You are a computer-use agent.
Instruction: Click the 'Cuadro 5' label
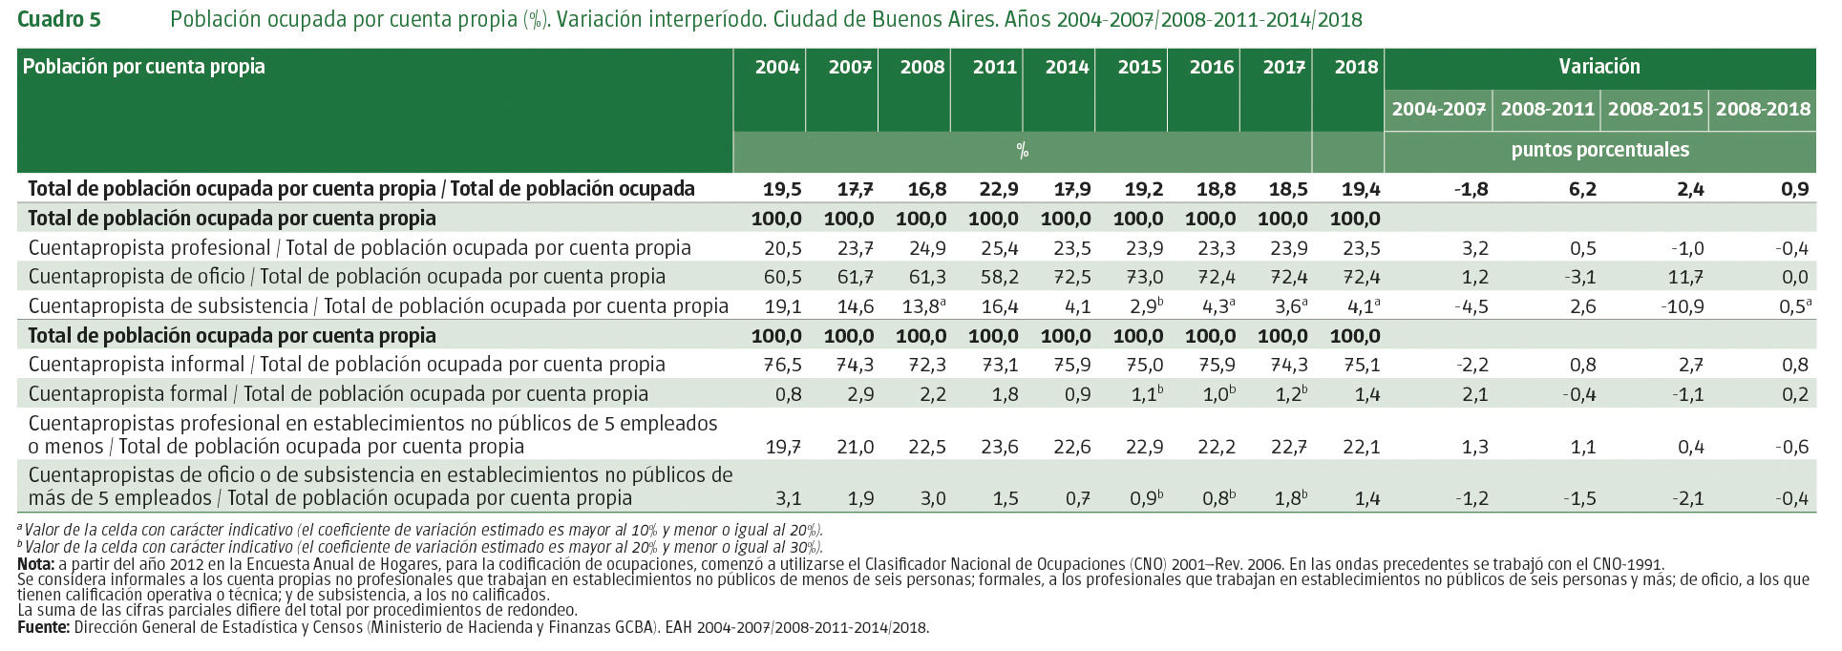[59, 20]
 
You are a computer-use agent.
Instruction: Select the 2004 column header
[777, 67]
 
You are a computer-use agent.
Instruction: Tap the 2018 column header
[1356, 67]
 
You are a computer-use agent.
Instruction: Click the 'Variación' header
[1599, 67]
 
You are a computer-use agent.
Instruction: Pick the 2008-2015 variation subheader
[1655, 109]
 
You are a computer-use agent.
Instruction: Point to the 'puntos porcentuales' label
[1599, 150]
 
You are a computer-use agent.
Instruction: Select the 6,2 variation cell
[1581, 189]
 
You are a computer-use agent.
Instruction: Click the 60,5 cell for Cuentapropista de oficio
[782, 277]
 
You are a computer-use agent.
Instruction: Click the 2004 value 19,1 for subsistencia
[782, 306]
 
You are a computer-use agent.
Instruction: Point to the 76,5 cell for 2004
[782, 365]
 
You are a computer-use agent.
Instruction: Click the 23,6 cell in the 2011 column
[999, 446]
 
